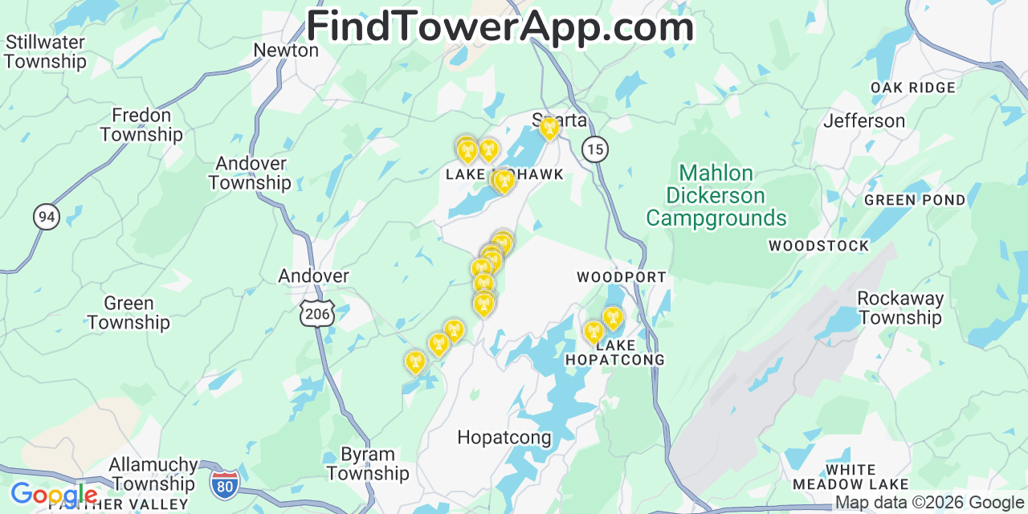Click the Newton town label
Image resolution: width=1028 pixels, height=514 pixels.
pyautogui.click(x=286, y=51)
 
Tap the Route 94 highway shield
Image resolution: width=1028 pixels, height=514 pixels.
pyautogui.click(x=47, y=216)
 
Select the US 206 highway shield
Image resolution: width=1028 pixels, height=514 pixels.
pyautogui.click(x=317, y=313)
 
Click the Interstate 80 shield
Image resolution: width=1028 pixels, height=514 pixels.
pyautogui.click(x=225, y=483)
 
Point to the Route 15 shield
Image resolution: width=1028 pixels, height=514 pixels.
pyautogui.click(x=594, y=149)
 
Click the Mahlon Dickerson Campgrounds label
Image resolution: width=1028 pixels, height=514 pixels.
pyautogui.click(x=716, y=196)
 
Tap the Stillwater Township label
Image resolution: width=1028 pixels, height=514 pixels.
pyautogui.click(x=46, y=51)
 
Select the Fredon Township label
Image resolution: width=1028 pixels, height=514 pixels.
pyautogui.click(x=141, y=125)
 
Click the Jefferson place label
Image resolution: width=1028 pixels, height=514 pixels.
pyautogui.click(x=864, y=121)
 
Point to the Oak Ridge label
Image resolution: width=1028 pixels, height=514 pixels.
pyautogui.click(x=914, y=88)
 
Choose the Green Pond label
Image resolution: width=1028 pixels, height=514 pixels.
pyautogui.click(x=915, y=200)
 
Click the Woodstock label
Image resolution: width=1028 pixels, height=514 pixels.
pyautogui.click(x=818, y=246)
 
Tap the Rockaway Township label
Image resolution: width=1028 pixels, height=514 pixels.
pyautogui.click(x=899, y=308)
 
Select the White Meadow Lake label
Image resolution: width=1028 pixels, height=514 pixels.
pyautogui.click(x=851, y=477)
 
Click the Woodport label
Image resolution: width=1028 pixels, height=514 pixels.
pyautogui.click(x=622, y=277)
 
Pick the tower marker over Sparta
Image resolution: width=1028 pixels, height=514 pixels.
pyautogui.click(x=549, y=128)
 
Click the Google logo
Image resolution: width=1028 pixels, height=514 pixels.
pyautogui.click(x=54, y=494)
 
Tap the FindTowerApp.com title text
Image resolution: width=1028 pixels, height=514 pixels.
pyautogui.click(x=500, y=27)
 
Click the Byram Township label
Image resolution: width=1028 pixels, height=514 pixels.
pyautogui.click(x=368, y=464)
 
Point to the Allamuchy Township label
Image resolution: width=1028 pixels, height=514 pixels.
pyautogui.click(x=153, y=474)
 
